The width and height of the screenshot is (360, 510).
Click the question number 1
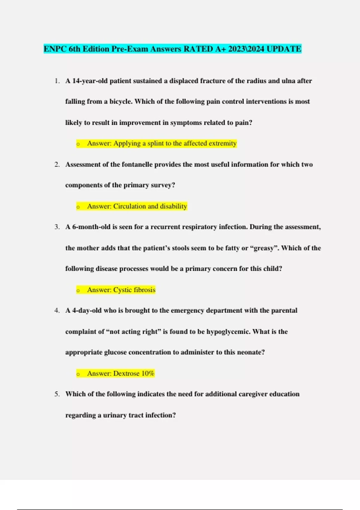click(x=57, y=81)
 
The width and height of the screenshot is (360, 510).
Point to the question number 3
click(x=57, y=227)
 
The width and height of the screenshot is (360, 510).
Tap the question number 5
click(x=57, y=394)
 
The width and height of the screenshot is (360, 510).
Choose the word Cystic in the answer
click(x=122, y=290)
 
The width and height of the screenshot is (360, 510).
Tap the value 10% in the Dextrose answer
click(x=148, y=373)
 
